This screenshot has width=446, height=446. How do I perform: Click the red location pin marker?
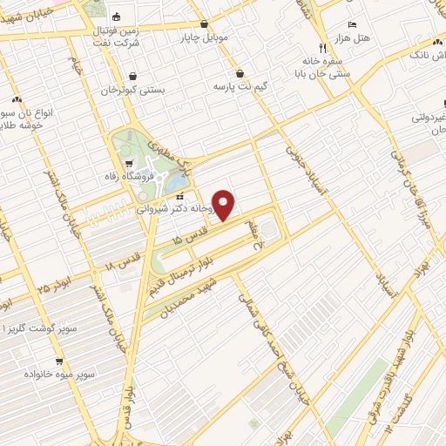pos(225,204)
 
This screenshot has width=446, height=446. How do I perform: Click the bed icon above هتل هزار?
pos(352,24)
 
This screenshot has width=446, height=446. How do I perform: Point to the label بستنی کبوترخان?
pos(130,90)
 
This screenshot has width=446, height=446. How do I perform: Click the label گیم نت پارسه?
pos(239,88)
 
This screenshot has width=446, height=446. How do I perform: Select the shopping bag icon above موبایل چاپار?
pos(204,24)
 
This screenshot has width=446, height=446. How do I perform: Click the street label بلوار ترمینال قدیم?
pos(205,253)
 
